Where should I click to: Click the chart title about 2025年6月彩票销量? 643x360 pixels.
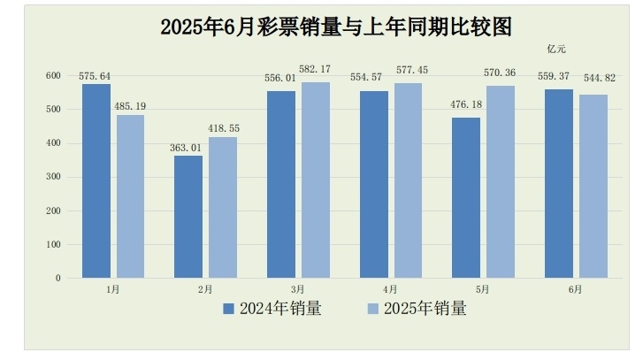click(x=336, y=27)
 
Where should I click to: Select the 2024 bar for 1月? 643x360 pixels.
click(x=96, y=180)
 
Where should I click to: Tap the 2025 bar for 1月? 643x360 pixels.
click(x=130, y=196)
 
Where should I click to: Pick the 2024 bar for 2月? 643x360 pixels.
click(x=188, y=217)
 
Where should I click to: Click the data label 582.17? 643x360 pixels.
click(x=316, y=69)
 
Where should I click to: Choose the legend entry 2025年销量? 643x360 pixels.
click(x=417, y=309)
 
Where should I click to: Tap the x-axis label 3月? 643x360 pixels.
click(x=297, y=289)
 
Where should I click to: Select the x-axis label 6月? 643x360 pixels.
click(x=575, y=289)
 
